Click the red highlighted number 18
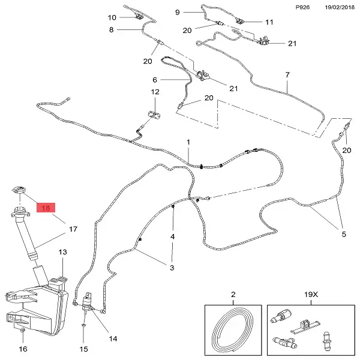coord(46,208)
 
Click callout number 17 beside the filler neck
coord(73,229)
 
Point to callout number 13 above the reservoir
coord(62,253)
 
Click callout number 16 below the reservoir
coord(23,349)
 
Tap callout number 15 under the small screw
coord(84,349)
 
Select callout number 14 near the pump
coord(113,338)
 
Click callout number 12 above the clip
coord(155,92)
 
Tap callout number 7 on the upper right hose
coord(287,74)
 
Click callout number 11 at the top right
coord(269,22)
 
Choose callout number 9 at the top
coord(178,12)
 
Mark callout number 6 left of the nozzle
coord(155,80)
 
